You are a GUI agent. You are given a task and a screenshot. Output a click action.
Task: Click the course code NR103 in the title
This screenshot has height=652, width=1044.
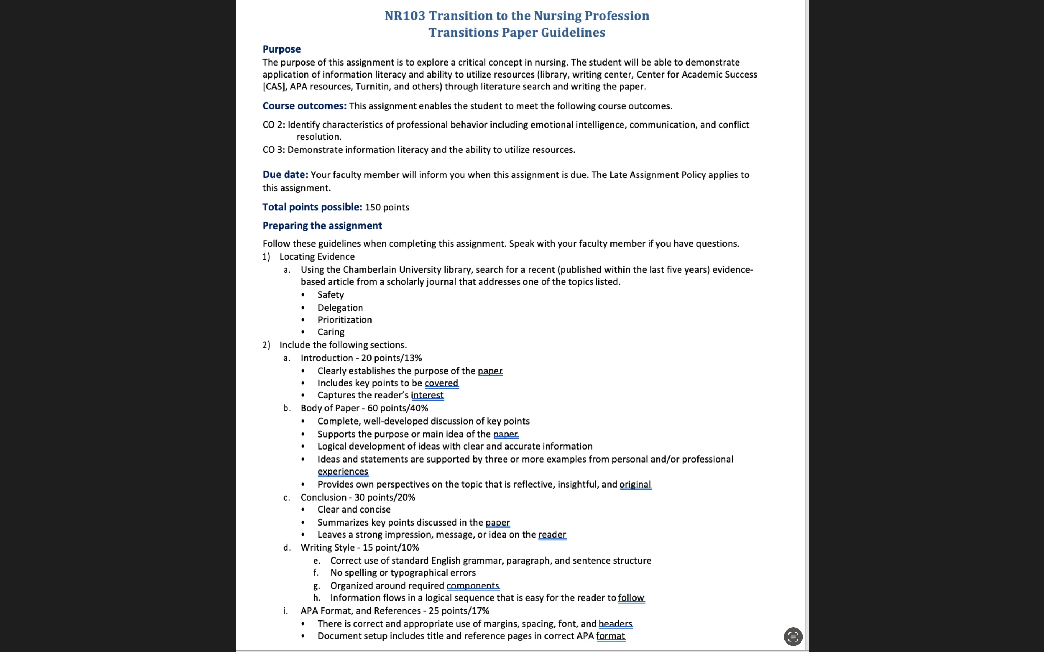point(405,16)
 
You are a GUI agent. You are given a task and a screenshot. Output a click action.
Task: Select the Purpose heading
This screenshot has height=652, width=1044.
point(281,49)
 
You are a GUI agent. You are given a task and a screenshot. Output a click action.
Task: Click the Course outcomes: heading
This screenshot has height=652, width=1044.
point(304,106)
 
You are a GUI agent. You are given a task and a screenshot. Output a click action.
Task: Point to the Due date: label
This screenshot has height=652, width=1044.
point(285,175)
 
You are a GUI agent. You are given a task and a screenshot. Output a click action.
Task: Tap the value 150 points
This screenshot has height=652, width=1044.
point(386,208)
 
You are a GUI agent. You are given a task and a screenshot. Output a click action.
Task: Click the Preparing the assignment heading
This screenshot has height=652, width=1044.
point(322,226)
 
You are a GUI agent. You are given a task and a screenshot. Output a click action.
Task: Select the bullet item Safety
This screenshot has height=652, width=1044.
point(331,295)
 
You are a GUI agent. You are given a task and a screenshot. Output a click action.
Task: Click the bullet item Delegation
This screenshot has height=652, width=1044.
point(340,308)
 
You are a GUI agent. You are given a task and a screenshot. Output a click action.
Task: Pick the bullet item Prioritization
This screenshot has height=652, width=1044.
point(344,320)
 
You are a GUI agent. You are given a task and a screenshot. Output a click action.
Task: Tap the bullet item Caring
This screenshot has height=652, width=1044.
point(331,332)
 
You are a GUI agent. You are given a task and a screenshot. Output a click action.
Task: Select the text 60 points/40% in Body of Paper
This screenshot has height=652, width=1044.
point(397,408)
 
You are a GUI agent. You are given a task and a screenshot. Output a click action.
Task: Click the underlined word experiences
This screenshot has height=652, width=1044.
point(343,472)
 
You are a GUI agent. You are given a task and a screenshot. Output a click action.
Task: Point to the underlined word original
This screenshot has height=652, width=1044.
point(635,485)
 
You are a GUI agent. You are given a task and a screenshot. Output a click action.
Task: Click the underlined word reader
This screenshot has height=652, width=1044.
point(552,535)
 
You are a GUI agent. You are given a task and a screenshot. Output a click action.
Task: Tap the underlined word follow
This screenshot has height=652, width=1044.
point(631,598)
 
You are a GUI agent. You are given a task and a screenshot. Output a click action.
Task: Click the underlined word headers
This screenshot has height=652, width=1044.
point(615,624)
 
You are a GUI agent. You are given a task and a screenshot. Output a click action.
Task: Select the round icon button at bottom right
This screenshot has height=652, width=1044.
point(792,637)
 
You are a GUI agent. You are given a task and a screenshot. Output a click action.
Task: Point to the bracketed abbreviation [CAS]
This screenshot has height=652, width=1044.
point(274,87)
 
